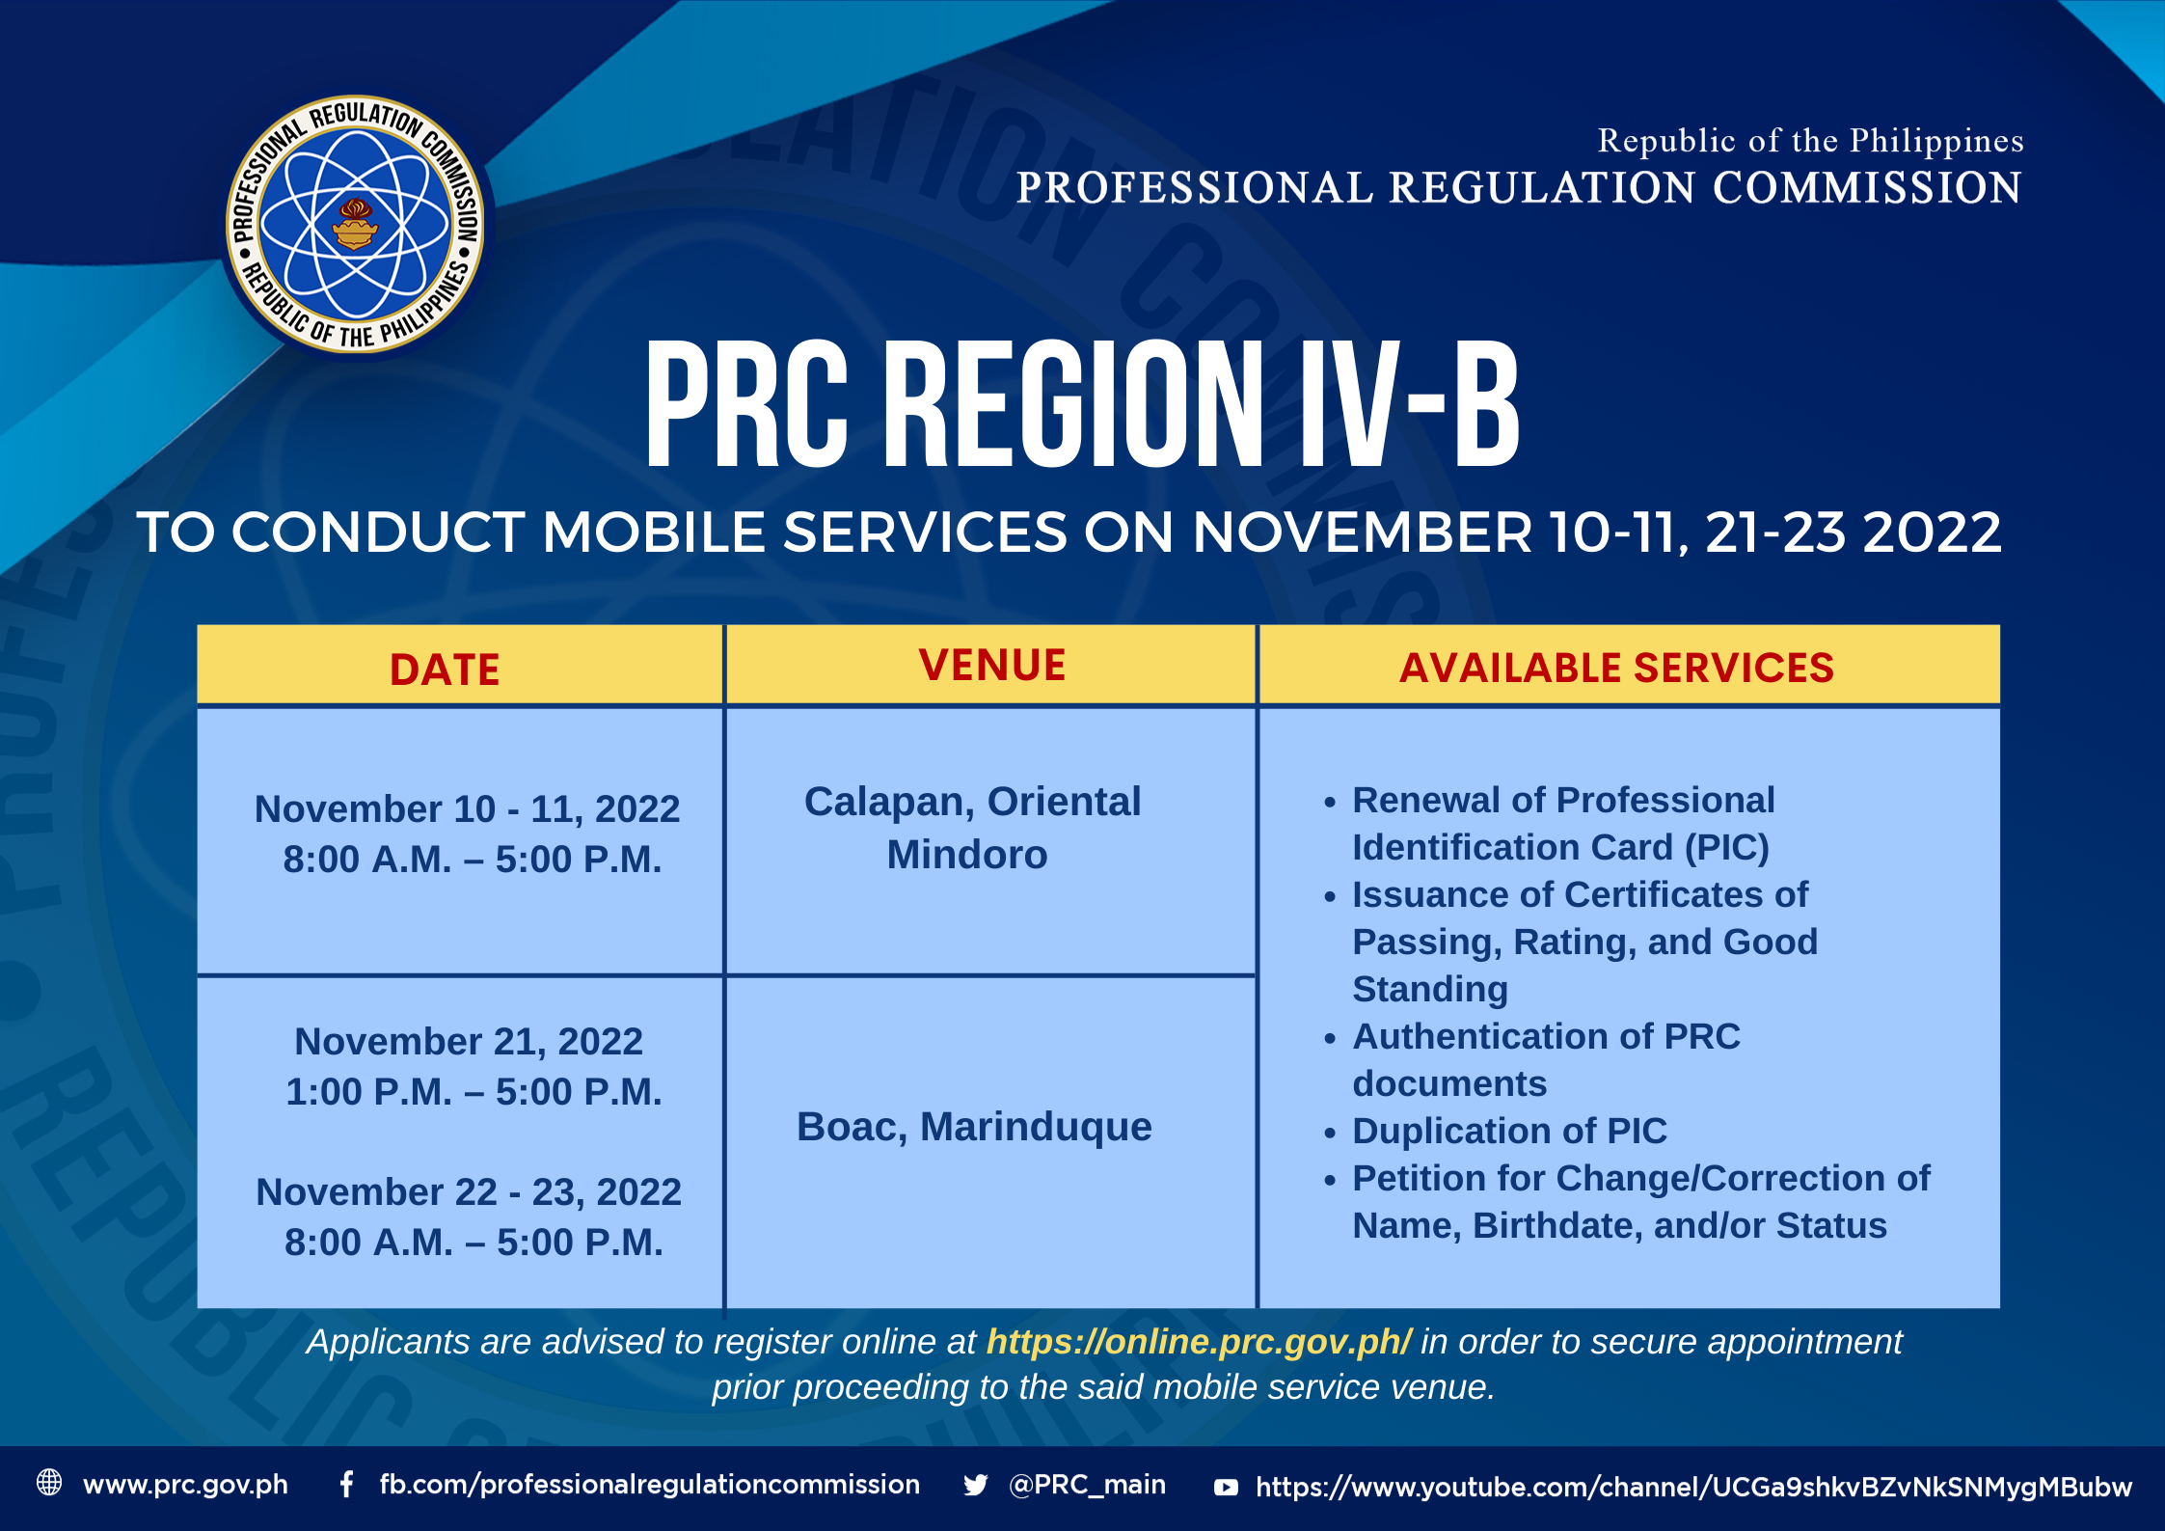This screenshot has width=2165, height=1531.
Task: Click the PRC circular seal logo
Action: pos(355,224)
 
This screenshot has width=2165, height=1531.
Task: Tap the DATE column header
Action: pos(445,670)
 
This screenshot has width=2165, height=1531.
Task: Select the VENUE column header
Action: pos(992,666)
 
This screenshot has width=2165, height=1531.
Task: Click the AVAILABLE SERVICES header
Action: pos(1616,668)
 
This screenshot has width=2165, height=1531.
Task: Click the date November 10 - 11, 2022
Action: pos(468,808)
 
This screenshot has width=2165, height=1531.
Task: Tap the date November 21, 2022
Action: pos(469,1041)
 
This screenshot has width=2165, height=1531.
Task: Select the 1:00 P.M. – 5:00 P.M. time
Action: pos(474,1091)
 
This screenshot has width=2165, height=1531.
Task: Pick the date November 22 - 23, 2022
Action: pos(469,1191)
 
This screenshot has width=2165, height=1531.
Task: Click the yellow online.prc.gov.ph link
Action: pos(1199,1342)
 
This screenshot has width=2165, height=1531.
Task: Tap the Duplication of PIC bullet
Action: pos(1509,1131)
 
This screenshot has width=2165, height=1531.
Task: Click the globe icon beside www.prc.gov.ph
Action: pos(49,1482)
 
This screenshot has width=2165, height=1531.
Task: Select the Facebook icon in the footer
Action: pos(346,1484)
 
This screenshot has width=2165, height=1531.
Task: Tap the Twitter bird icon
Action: pos(975,1485)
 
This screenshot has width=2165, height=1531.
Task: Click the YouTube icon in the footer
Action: pos(1226,1487)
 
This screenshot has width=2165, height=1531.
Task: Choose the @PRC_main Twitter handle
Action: pos(1087,1484)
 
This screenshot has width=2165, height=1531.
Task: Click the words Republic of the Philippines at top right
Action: pos(1810,141)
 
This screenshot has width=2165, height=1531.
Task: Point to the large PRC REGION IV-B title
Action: pos(1083,405)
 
